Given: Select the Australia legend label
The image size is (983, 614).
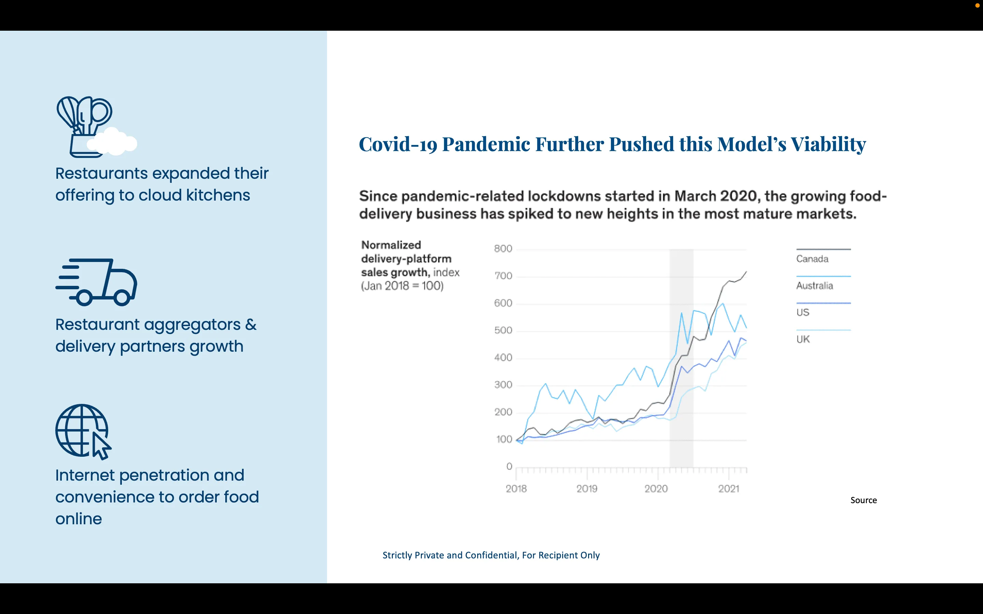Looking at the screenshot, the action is coord(814,286).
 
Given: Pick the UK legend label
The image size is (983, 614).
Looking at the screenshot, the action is coord(803,339).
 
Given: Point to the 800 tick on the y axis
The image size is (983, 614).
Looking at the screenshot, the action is coord(503,249).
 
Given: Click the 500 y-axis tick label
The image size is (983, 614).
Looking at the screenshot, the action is coord(503,330).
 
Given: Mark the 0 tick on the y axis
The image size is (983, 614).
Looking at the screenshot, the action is coord(509,466).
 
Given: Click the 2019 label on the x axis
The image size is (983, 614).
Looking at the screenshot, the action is coord(586,488).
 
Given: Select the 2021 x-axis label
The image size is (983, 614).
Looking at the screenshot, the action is coord(728,488).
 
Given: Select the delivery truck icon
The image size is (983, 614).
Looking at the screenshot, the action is coord(96,282).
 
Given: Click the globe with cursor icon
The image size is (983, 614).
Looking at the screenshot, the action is coord(84,432).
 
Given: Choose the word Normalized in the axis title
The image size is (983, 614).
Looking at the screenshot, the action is coord(391,245).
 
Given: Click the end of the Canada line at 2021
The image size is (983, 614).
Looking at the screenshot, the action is coord(746,271).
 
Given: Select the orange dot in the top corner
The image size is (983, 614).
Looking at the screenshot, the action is coord(977,5).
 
